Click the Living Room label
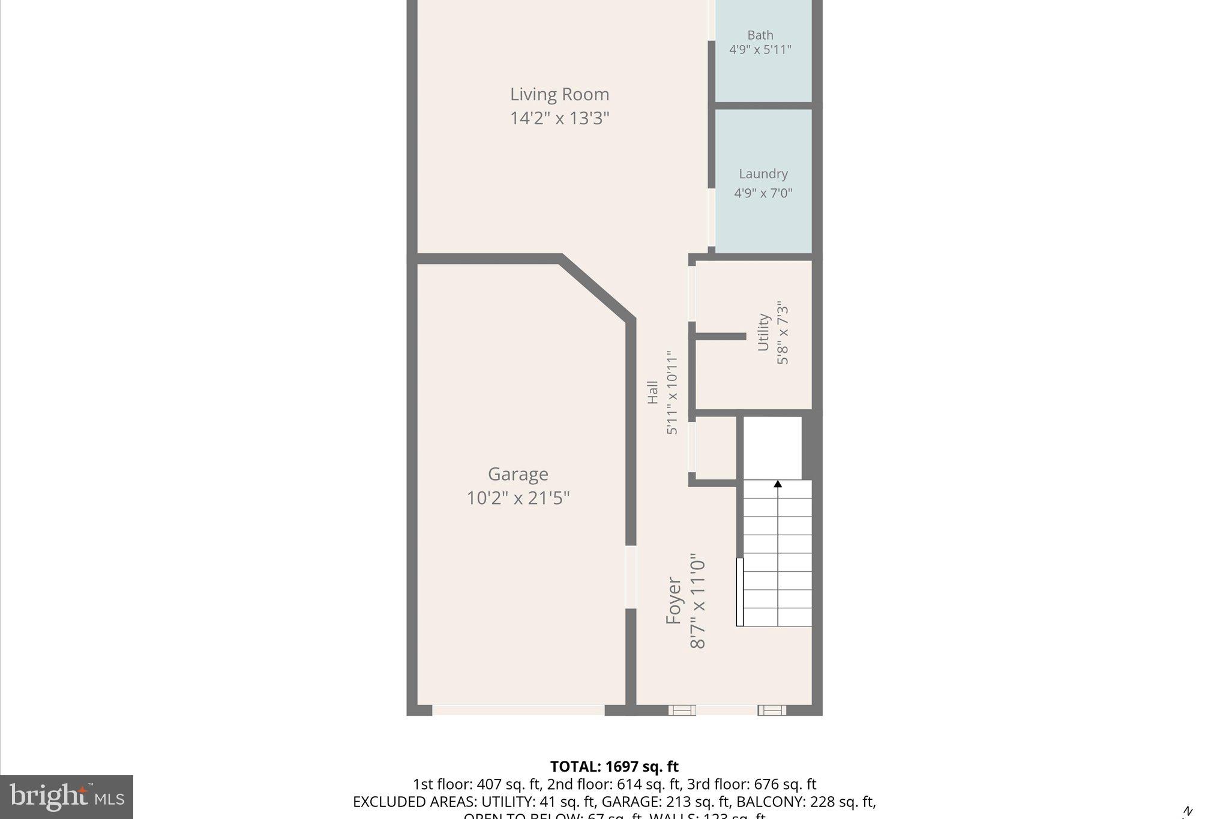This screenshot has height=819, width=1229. (x=559, y=94)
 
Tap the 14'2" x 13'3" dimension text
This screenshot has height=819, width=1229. (x=559, y=118)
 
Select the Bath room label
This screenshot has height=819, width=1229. (x=760, y=35)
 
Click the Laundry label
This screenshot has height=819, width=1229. (x=763, y=174)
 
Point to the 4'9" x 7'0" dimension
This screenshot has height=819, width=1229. (x=763, y=193)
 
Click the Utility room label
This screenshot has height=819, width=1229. (x=763, y=332)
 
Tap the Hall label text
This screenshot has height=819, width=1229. (x=652, y=392)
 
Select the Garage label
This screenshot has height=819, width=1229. (x=518, y=474)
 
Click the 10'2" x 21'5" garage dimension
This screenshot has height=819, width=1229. (x=518, y=498)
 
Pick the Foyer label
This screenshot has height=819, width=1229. (x=674, y=601)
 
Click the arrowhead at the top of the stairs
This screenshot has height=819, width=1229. (x=778, y=484)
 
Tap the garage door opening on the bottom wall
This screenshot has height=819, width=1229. (x=518, y=710)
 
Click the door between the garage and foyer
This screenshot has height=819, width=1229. (x=631, y=577)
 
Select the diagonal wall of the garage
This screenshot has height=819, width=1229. (x=596, y=288)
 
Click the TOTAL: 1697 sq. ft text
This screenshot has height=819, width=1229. (x=614, y=767)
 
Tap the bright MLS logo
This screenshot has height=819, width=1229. (x=67, y=797)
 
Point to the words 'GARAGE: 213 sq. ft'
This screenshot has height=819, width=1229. (x=666, y=802)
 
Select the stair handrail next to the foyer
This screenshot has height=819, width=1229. (x=740, y=592)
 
